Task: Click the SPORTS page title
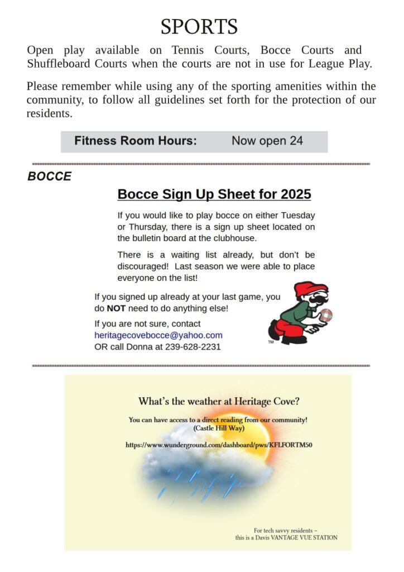pyautogui.click(x=199, y=26)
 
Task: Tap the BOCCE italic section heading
pyautogui.click(x=50, y=177)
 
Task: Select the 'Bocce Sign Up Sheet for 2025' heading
pyautogui.click(x=214, y=194)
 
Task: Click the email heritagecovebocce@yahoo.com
pyautogui.click(x=158, y=335)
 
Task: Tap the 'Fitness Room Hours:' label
pyautogui.click(x=136, y=141)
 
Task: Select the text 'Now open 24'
pyautogui.click(x=267, y=141)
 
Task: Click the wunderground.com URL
pyautogui.click(x=219, y=445)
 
